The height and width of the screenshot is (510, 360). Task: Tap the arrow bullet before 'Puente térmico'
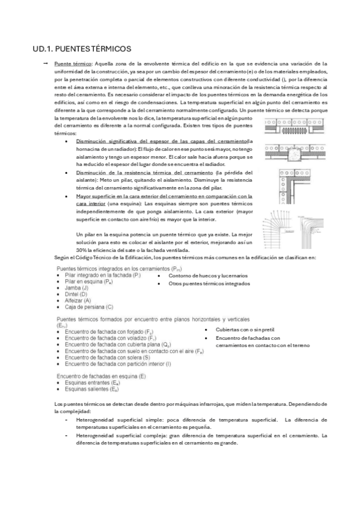pos(45,63)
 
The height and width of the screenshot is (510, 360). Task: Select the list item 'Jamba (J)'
pos(77,288)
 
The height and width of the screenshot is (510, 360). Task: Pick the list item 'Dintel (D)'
pos(77,294)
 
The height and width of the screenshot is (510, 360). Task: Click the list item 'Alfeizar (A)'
pos(79,301)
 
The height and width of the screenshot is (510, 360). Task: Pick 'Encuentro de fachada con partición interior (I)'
pos(117,364)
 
